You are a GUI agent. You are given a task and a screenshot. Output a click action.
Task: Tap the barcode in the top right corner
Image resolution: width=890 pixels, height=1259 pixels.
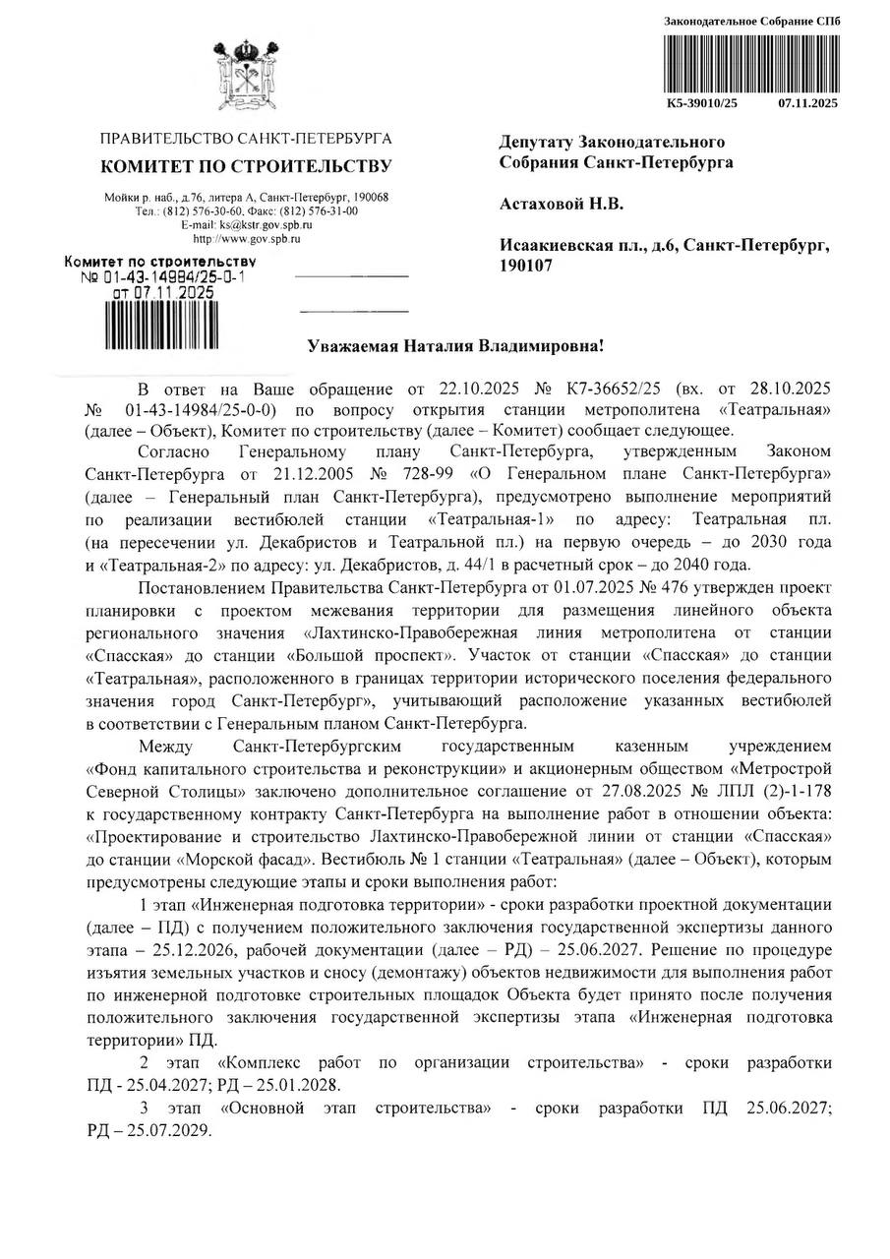[x=751, y=61]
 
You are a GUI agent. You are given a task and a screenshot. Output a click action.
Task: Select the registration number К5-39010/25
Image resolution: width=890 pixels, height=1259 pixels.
[x=701, y=102]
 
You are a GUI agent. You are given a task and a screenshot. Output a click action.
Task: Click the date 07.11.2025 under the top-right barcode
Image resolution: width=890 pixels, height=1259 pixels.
[x=808, y=102]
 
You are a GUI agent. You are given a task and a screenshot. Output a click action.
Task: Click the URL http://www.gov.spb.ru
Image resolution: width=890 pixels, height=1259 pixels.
[x=247, y=238]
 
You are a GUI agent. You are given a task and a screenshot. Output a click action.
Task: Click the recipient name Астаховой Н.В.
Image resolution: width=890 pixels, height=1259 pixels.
[x=562, y=204]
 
